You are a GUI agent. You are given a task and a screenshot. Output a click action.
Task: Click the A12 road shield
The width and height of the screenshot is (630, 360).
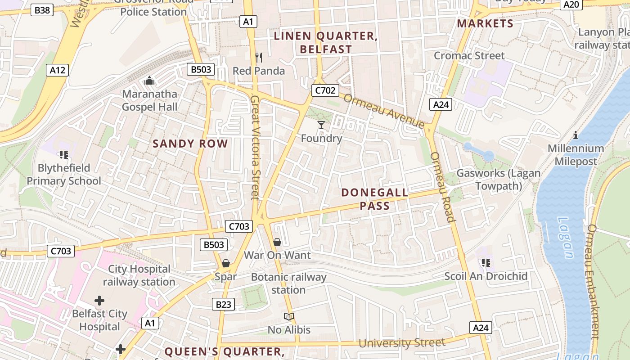click(x=57, y=70)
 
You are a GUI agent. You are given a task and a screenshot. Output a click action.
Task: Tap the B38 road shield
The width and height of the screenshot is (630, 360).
click(x=42, y=9)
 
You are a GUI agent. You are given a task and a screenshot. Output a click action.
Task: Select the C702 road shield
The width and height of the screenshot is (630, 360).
click(x=325, y=90)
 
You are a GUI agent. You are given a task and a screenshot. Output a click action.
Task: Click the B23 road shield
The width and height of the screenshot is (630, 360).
click(x=223, y=305)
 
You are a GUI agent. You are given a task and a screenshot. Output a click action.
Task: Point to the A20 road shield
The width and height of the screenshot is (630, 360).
click(x=571, y=4)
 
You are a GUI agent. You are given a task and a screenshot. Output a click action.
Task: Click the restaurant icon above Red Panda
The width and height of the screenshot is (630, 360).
click(x=259, y=57)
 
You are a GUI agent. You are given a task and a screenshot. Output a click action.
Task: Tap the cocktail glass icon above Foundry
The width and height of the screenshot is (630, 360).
click(x=321, y=125)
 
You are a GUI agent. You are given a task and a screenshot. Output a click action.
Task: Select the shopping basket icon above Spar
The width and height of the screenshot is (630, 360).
click(x=226, y=263)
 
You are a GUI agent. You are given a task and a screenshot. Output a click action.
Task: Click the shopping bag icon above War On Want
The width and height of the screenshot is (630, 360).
click(x=277, y=242)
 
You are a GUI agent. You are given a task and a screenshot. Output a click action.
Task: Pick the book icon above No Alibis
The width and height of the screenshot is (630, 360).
click(x=289, y=316)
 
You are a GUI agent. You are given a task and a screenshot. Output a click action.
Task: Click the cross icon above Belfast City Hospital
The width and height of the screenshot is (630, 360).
click(x=99, y=300)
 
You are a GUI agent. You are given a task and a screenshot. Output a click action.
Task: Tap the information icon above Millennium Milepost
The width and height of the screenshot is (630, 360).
click(x=576, y=135)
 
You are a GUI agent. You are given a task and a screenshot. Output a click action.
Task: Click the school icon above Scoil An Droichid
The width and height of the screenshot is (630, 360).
click(x=486, y=262)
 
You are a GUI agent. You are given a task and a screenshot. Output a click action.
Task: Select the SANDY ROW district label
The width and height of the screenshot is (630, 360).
click(x=190, y=144)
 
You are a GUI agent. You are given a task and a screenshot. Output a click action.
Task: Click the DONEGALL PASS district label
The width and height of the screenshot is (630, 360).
click(x=374, y=199)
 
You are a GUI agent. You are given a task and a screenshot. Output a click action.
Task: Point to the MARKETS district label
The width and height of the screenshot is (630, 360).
click(x=485, y=23)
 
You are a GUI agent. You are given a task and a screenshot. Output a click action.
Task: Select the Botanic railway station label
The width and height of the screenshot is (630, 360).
click(x=288, y=283)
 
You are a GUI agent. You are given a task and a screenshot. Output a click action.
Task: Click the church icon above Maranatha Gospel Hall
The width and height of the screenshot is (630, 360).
click(x=149, y=81)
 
